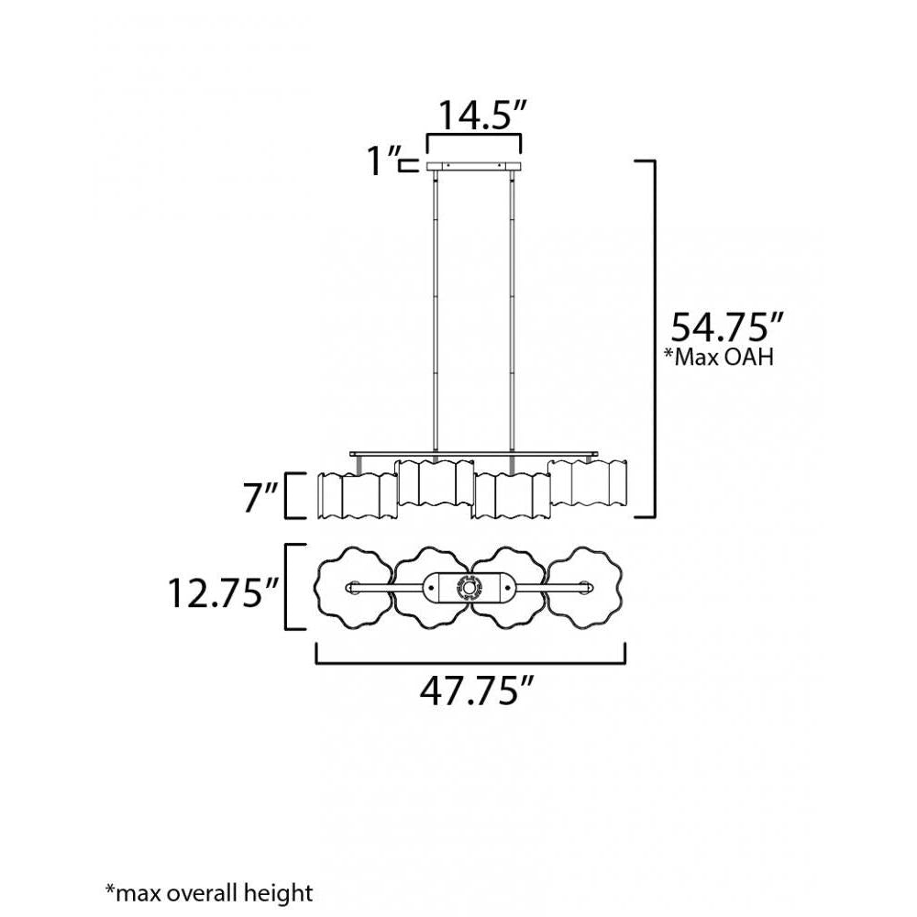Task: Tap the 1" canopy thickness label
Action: coord(383,160)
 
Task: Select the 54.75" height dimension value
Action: coord(725,326)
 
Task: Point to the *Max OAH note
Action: coord(719,356)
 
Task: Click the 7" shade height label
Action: coord(260,498)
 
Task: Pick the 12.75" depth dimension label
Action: coord(222,592)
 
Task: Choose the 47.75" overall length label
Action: coord(476,691)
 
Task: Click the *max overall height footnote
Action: coord(209,893)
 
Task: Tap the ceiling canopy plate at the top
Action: coord(474,166)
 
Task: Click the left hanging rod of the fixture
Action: coord(435,311)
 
